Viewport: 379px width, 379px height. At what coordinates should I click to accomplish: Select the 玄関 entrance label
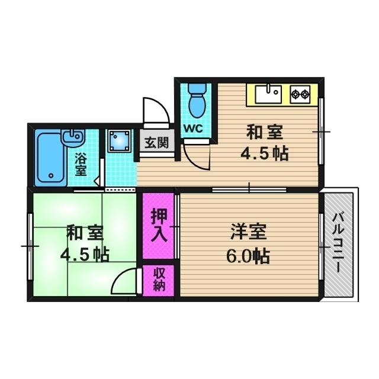tap(157, 143)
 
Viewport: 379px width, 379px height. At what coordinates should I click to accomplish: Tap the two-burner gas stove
tap(301, 93)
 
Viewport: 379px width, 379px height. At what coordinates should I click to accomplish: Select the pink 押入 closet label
tap(158, 225)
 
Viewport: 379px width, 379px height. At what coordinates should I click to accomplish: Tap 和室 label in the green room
tap(79, 232)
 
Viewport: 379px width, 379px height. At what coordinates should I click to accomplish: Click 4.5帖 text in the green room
tap(84, 255)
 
